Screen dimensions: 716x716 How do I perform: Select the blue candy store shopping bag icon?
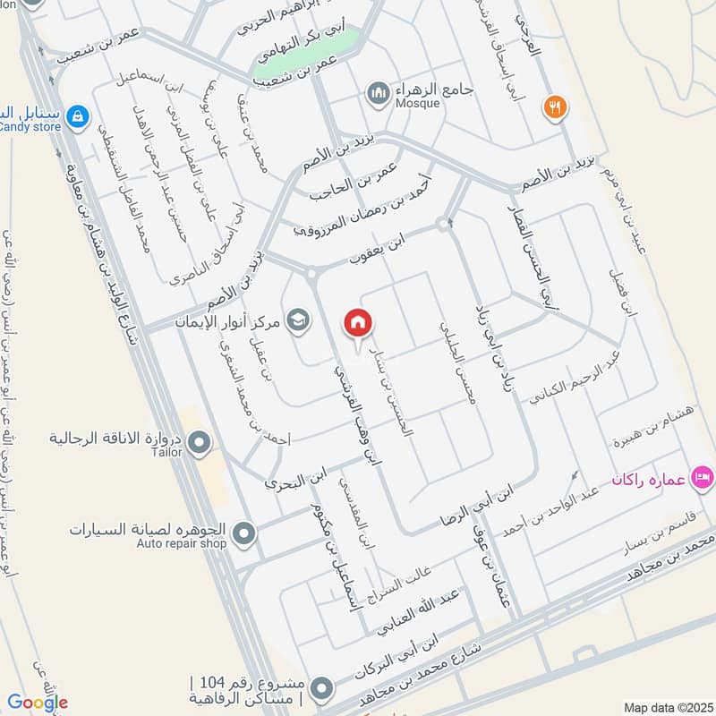tap(78, 115)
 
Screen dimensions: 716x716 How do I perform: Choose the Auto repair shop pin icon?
tap(243, 534)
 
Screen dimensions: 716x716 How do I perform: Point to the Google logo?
tap(37, 703)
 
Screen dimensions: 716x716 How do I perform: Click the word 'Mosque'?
tap(418, 103)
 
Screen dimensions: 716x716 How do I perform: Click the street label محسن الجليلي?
tap(456, 361)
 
